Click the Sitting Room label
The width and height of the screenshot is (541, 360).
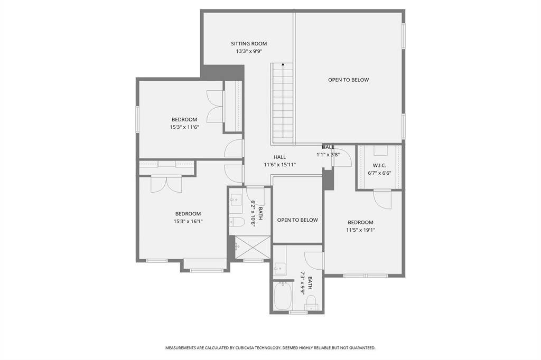pos(249,43)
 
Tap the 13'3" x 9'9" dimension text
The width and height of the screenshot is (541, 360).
pos(249,51)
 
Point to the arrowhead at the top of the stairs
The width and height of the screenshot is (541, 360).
pos(283,64)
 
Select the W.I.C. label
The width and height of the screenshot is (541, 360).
pos(379,166)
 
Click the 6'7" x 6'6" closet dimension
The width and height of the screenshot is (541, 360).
pos(379,173)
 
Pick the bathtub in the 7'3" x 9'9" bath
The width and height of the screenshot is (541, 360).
pos(283,296)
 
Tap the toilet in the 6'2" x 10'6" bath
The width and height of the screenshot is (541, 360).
pos(237,222)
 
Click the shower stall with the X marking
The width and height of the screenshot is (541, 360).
pos(253,247)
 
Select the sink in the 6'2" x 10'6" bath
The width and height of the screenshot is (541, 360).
pos(236,199)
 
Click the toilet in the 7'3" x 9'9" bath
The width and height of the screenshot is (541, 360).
pos(312,302)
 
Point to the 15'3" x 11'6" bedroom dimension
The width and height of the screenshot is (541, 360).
pos(184,127)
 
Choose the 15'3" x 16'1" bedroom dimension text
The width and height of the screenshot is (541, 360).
pos(188,221)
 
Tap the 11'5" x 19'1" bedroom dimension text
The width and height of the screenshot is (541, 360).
pos(360,230)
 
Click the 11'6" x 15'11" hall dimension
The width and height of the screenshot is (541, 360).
pos(280,165)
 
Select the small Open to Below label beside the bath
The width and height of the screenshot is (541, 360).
pos(297,220)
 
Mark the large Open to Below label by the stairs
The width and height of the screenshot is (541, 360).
pos(349,80)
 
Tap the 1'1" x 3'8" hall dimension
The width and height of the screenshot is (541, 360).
pos(328,155)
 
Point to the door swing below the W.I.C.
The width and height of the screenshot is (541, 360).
pos(383,200)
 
